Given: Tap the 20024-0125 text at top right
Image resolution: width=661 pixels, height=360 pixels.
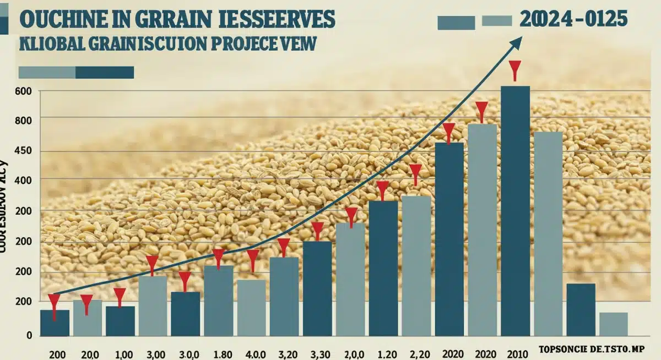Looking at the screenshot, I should pyautogui.click(x=573, y=20).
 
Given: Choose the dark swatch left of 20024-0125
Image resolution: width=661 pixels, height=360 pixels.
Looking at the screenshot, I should pyautogui.click(x=456, y=23).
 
